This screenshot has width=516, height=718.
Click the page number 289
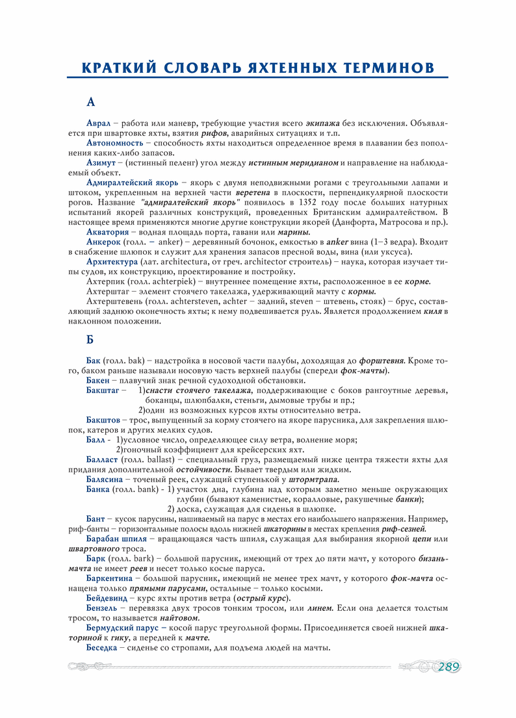point(449,667)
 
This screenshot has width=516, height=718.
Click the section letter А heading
point(91,102)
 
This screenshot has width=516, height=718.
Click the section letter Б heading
point(90,339)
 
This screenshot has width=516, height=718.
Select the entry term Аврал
point(99,123)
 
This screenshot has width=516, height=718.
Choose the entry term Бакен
point(97,380)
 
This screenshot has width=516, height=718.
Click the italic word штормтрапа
point(315,480)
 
